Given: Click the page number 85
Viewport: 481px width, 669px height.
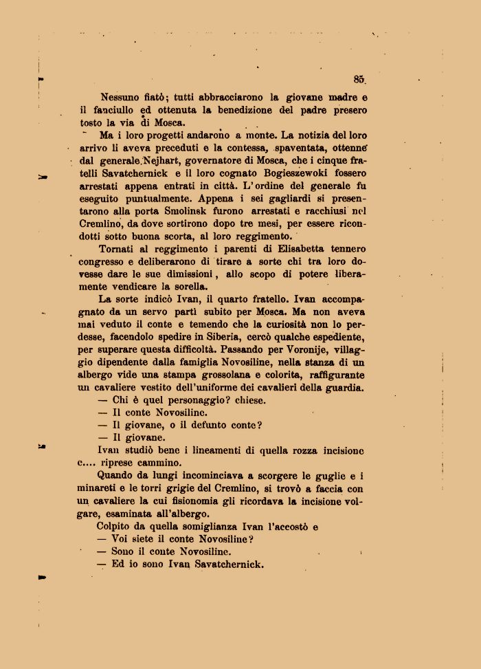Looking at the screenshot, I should pos(359,79).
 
